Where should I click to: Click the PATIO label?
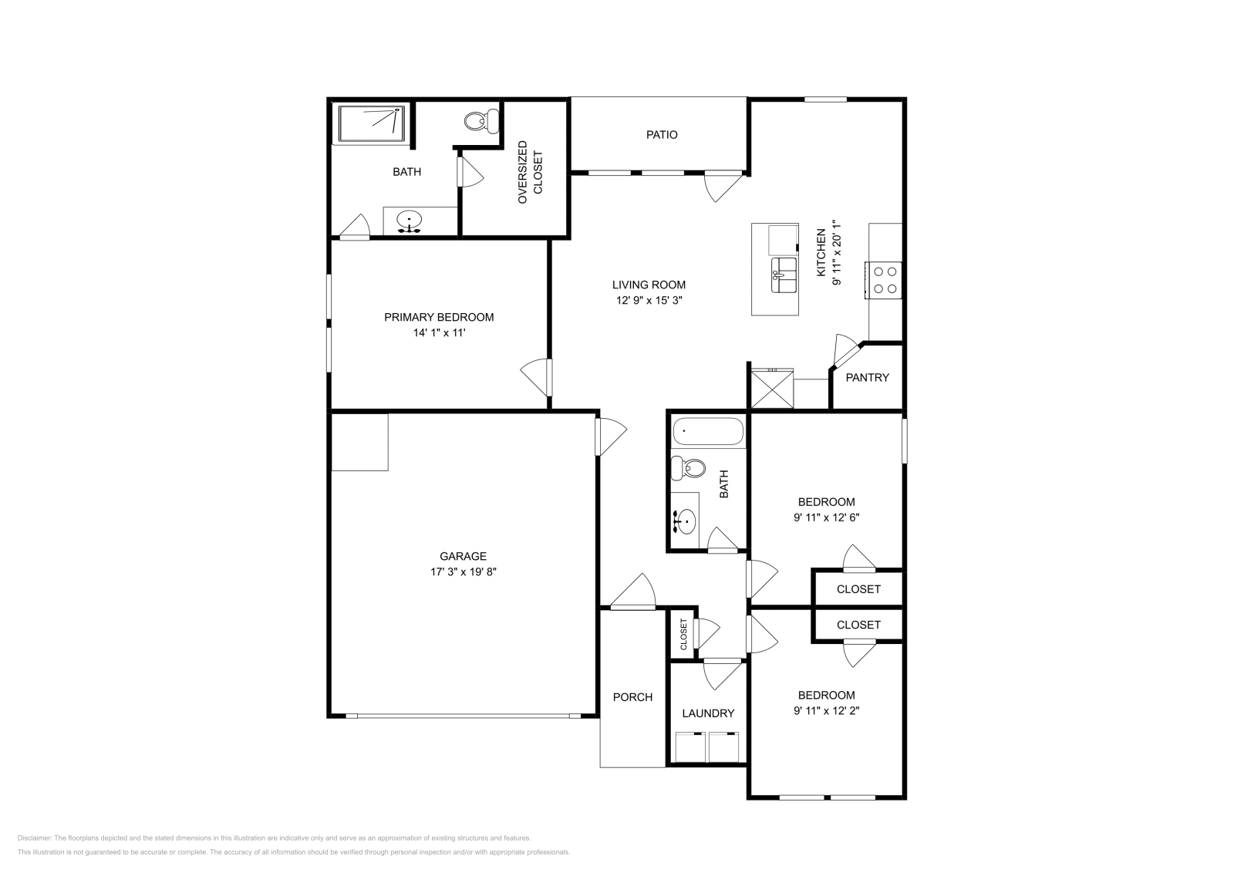(662, 135)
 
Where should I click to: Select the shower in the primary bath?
(373, 123)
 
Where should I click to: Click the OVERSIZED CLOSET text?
(530, 172)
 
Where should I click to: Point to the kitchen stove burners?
(885, 280)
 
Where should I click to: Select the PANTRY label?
(867, 377)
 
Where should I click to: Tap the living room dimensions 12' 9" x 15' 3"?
(649, 301)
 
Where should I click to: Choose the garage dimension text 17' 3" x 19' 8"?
(463, 572)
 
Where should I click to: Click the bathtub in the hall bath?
(707, 432)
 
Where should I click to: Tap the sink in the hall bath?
(684, 522)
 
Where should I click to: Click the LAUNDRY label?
(708, 713)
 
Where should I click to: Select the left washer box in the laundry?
(691, 747)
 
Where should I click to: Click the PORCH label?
(632, 697)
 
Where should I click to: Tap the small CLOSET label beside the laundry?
(683, 633)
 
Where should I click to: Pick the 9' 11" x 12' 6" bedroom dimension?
(826, 518)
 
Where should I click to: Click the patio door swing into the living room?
(721, 187)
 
